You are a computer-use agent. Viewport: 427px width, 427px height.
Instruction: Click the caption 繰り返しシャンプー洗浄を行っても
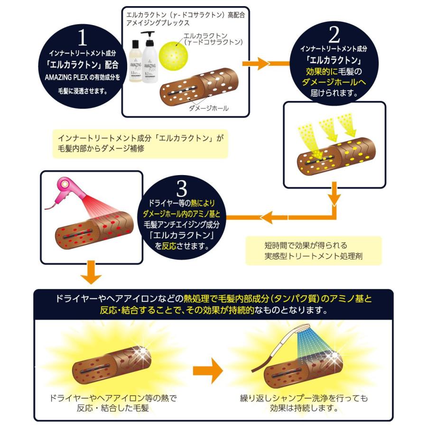click(x=304, y=398)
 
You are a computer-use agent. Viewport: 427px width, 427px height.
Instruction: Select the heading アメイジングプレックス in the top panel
click(x=157, y=22)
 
